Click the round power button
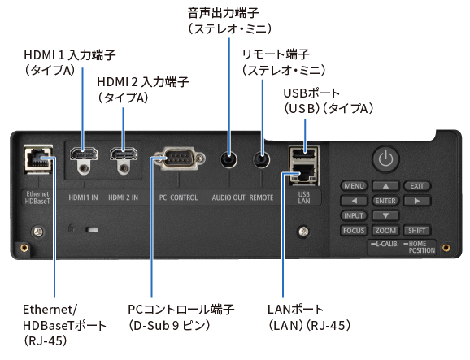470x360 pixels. (385, 159)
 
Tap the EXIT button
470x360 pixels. (416, 186)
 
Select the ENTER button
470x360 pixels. (385, 201)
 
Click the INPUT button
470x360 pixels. (354, 215)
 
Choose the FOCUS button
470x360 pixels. (354, 230)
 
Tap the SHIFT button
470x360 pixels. (416, 230)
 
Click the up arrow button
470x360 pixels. (385, 186)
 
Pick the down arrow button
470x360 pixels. (385, 215)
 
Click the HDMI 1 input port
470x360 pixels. (84, 154)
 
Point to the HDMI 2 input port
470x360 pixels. (124, 154)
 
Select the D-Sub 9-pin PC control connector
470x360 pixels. (179, 158)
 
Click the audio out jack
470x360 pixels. (228, 159)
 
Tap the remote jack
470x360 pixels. (261, 159)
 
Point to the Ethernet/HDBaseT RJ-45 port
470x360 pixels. (38, 159)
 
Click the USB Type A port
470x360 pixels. (304, 154)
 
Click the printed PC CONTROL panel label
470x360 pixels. (178, 197)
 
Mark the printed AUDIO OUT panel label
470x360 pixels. (228, 197)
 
